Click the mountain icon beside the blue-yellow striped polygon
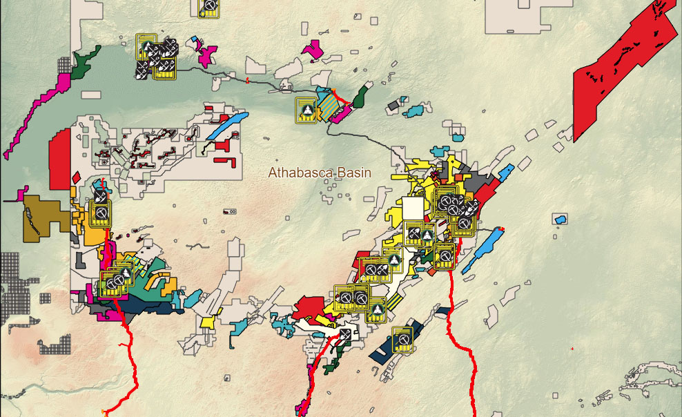click(x=306, y=110)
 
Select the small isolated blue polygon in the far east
click(x=561, y=220)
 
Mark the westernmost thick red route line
click(x=127, y=352)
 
